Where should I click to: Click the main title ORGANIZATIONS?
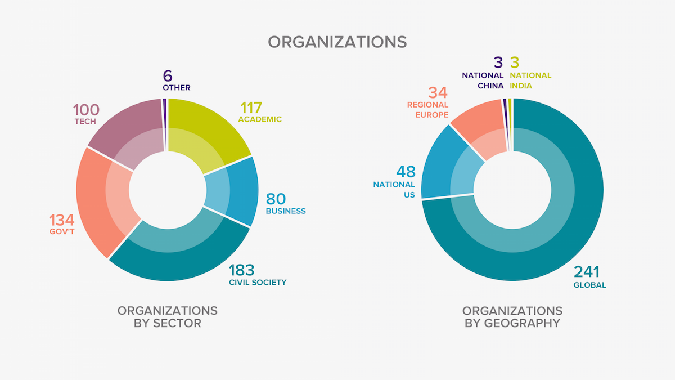pyautogui.click(x=337, y=42)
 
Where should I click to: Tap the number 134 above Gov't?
pyautogui.click(x=61, y=220)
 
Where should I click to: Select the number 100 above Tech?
pyautogui.click(x=86, y=109)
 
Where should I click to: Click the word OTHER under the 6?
pyautogui.click(x=177, y=88)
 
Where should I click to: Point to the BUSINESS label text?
pyautogui.click(x=286, y=211)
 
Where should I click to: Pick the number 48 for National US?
pyautogui.click(x=405, y=171)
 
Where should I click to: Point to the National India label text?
pyautogui.click(x=530, y=81)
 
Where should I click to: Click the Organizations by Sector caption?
pyautogui.click(x=167, y=317)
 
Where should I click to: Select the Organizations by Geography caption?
pyautogui.click(x=512, y=317)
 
